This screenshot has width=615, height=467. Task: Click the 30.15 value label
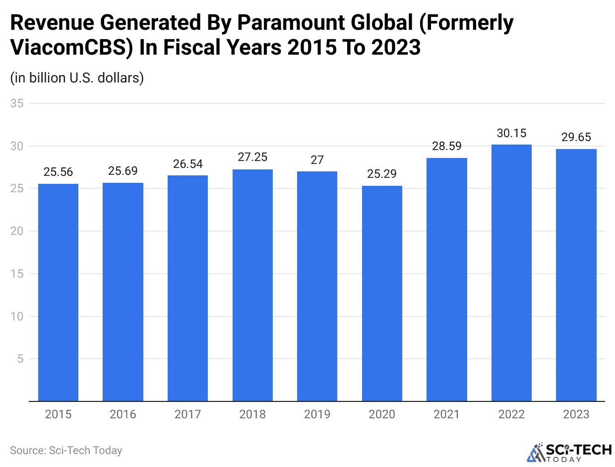[511, 133]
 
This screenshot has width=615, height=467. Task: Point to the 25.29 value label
[382, 174]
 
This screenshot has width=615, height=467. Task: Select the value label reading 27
[317, 160]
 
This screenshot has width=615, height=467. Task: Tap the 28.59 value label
[447, 147]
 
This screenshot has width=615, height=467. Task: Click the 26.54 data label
[187, 164]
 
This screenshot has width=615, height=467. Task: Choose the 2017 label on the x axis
[187, 414]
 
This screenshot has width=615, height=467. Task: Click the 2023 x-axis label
[576, 414]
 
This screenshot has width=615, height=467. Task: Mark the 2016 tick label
[123, 414]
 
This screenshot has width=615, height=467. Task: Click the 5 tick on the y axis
[20, 359]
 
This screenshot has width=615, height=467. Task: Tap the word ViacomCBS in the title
[66, 48]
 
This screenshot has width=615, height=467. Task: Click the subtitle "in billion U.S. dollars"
[77, 78]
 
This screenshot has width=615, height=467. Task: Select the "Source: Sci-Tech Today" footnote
[66, 451]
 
